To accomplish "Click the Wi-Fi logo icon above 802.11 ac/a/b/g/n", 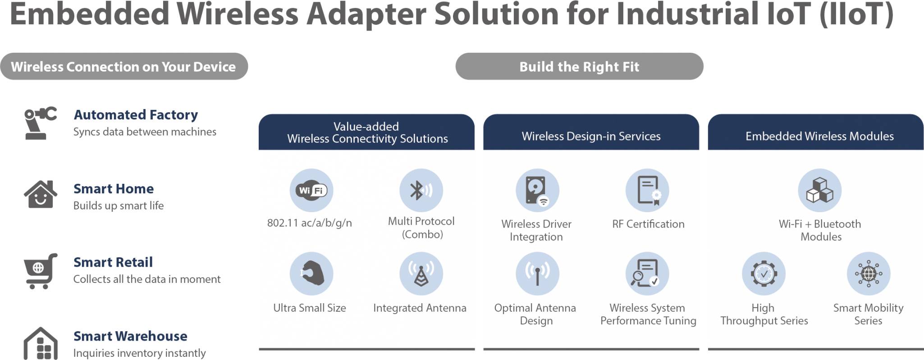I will click(x=311, y=190).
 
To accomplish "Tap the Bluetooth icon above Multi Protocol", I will click(x=421, y=190).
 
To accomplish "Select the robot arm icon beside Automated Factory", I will click(x=40, y=123).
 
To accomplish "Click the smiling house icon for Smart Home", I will click(x=41, y=195).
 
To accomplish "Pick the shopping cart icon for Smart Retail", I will click(x=40, y=270).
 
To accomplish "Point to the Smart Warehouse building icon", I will click(x=41, y=344).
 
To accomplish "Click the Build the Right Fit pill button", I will click(x=579, y=67).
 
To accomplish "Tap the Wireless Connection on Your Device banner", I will click(x=124, y=67).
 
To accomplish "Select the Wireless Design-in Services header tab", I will click(x=591, y=136).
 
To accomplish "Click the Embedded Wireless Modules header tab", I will click(x=819, y=136).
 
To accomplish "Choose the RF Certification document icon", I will click(x=648, y=190).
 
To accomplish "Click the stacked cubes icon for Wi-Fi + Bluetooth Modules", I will click(x=819, y=190).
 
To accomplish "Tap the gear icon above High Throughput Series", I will click(x=764, y=273).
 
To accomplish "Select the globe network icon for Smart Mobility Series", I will click(x=869, y=273).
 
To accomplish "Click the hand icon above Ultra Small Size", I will click(x=311, y=273).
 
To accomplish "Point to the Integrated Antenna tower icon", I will click(x=421, y=273).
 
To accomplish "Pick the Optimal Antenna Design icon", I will click(x=537, y=273).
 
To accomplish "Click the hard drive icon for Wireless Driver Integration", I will click(x=537, y=190).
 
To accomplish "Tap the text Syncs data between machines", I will click(x=145, y=132).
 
